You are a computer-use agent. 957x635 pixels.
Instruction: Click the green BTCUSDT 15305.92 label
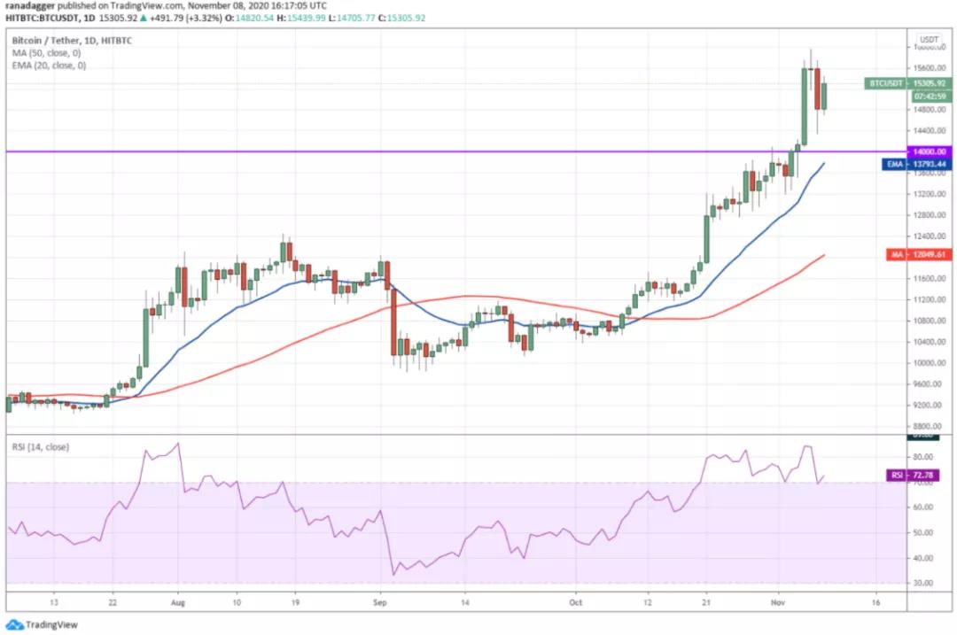[x=909, y=83]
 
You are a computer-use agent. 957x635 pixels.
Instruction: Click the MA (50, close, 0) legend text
[x=49, y=53]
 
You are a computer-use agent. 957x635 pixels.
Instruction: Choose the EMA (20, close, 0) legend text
[x=51, y=66]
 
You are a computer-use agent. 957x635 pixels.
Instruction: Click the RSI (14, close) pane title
[x=41, y=446]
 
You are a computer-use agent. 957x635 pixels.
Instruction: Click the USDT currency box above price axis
[x=929, y=40]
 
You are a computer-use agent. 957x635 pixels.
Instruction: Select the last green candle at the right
[x=824, y=97]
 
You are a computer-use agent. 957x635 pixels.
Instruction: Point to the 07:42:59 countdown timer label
[x=930, y=97]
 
